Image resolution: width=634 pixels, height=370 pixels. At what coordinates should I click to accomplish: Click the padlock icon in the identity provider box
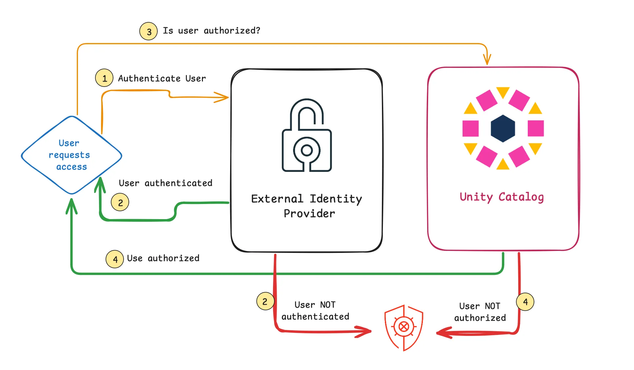coord(307,135)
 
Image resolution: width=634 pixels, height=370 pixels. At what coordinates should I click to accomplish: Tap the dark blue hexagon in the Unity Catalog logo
coord(503,128)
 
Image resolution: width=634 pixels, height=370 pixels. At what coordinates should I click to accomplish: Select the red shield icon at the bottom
coord(404,327)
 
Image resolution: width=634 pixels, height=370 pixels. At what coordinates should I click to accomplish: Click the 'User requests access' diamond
coord(71,155)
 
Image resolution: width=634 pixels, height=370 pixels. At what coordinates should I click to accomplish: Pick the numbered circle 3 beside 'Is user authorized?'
coord(149,31)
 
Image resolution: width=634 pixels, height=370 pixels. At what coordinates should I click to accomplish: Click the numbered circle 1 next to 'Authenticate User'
coord(104,78)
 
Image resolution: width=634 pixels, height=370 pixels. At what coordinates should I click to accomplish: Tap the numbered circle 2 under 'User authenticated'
coord(120,202)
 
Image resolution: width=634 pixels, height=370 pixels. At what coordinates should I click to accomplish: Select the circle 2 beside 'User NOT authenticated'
coord(265,301)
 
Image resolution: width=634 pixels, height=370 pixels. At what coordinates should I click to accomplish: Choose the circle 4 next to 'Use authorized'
coord(115,259)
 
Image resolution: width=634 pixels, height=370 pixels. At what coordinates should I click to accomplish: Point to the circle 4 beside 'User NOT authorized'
coord(525,301)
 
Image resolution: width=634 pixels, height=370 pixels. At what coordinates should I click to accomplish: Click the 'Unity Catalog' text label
coord(502,197)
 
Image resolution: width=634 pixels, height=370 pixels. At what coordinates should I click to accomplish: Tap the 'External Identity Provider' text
coord(307,206)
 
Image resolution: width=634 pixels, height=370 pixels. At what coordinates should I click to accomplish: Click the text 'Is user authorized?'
coord(211,31)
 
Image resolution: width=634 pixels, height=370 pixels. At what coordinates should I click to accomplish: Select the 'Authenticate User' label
coord(162,78)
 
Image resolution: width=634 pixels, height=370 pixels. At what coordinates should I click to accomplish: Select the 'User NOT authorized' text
coord(480,312)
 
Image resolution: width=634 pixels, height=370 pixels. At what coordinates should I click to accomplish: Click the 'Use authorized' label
coord(163,258)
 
